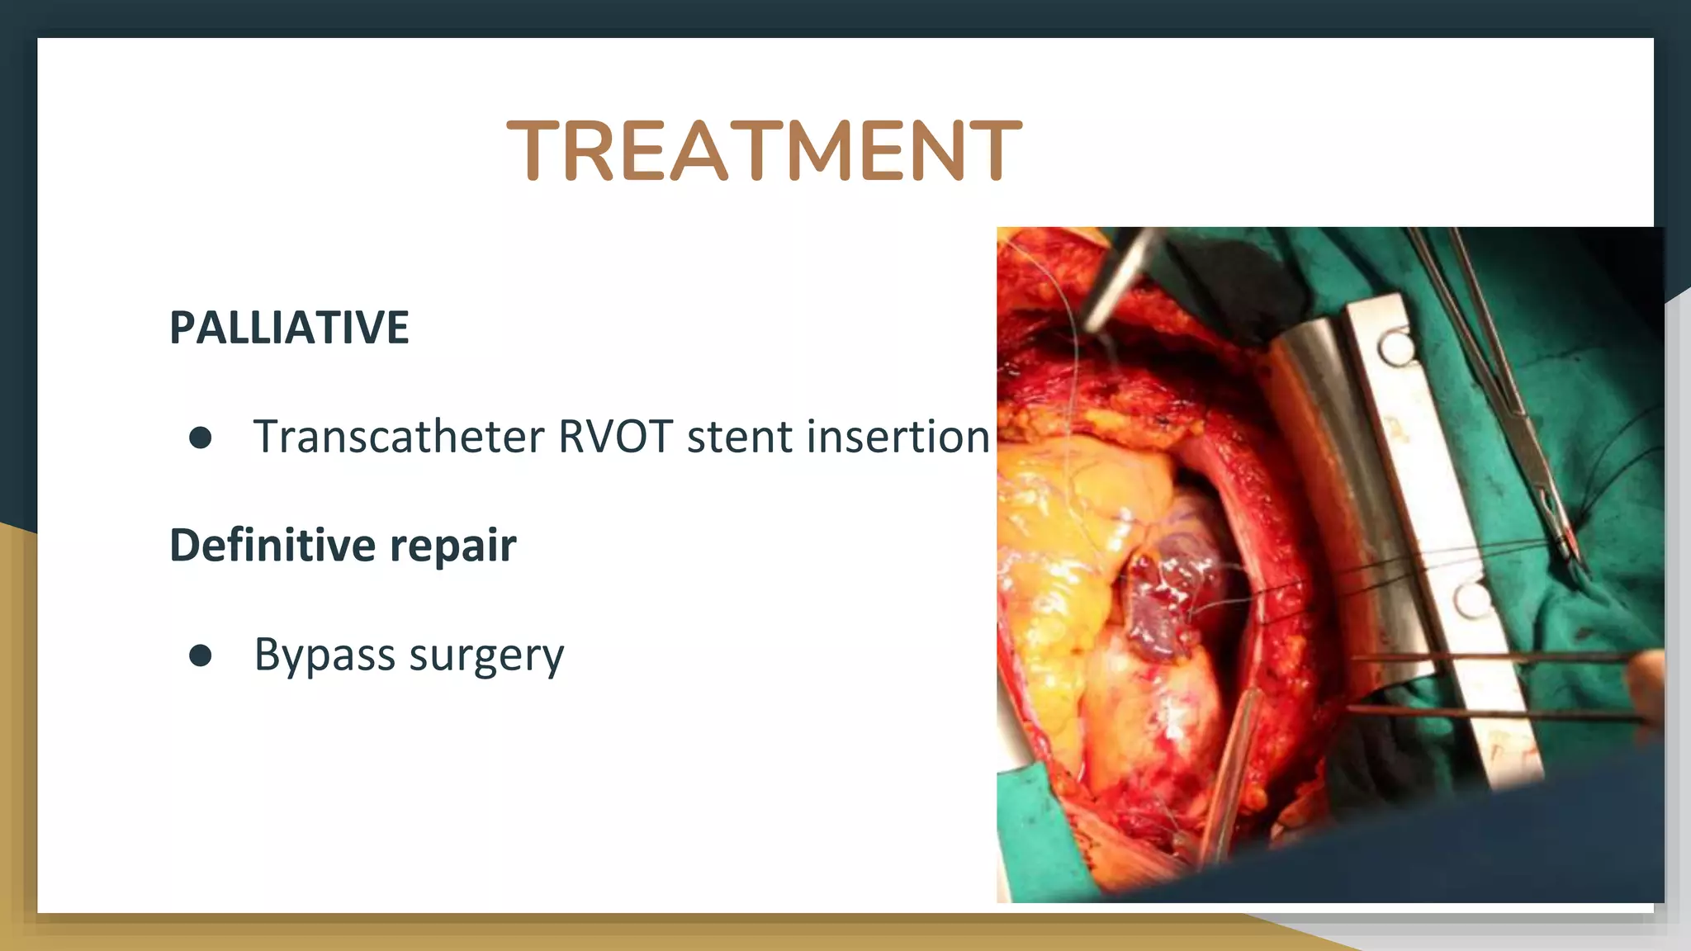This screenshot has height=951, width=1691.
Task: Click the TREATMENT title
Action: pos(764,150)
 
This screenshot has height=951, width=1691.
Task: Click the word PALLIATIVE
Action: pos(289,328)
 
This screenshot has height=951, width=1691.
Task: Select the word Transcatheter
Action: pos(399,437)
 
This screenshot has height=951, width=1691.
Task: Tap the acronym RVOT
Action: pos(615,437)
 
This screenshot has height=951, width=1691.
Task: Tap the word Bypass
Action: pos(324,656)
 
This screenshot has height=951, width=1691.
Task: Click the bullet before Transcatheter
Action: pos(200,438)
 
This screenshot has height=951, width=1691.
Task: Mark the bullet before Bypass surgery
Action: pos(200,655)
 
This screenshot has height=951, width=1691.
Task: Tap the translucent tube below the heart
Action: pos(1230,768)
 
